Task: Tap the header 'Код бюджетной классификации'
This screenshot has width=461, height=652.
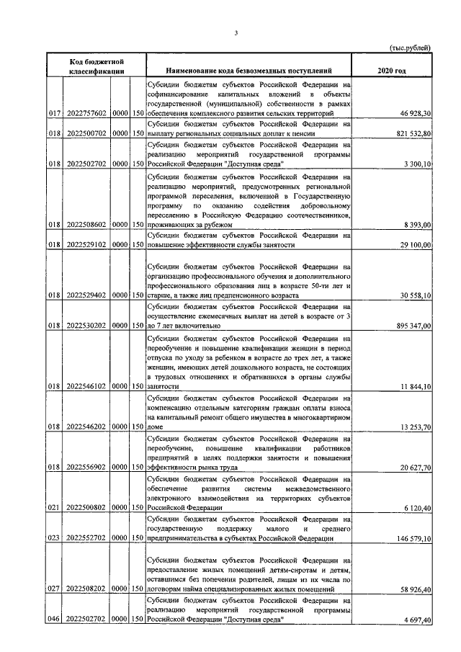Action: (x=98, y=66)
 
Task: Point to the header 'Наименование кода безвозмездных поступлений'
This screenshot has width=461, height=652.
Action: (x=249, y=71)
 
